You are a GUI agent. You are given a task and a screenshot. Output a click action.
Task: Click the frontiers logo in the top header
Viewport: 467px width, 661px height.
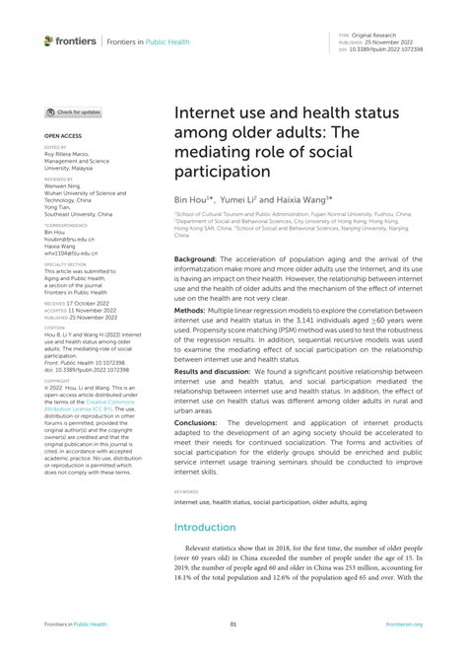(x=70, y=40)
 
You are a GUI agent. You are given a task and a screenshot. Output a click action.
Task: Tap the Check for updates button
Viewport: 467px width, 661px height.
(x=73, y=112)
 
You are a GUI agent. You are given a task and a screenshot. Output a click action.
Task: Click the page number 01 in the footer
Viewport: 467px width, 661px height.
(x=233, y=624)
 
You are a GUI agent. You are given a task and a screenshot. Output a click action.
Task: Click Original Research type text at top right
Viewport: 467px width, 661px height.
(x=387, y=34)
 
